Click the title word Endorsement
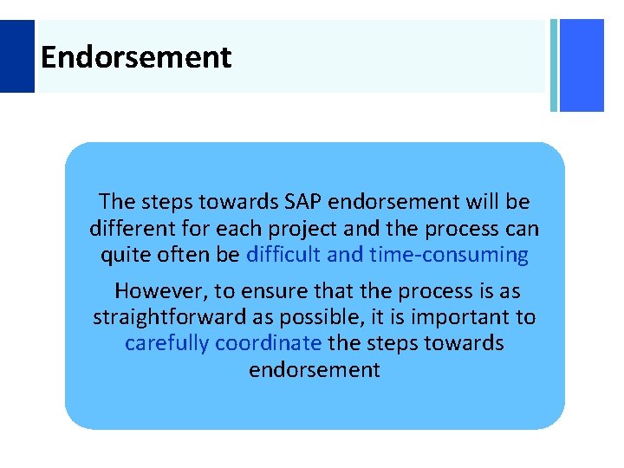[x=136, y=58]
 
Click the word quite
[x=125, y=256]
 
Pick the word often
[x=183, y=256]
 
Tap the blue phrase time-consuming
[x=449, y=256]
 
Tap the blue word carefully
[x=166, y=343]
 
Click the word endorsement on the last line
[x=315, y=370]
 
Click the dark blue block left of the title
[x=16, y=56]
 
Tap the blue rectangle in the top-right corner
[x=582, y=65]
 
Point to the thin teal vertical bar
[x=553, y=65]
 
